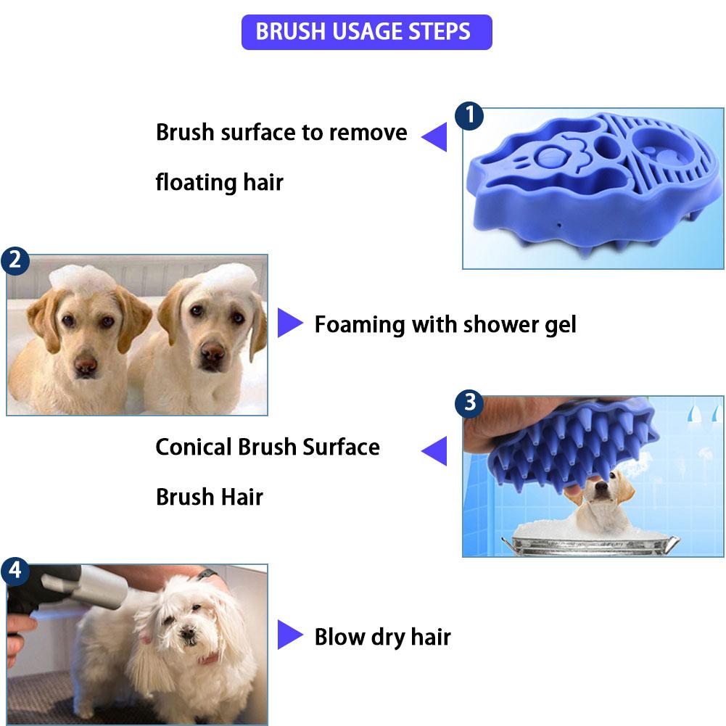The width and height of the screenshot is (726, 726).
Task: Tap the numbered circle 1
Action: [469, 115]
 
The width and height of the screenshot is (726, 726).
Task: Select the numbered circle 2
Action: [16, 260]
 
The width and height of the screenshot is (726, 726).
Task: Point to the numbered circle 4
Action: [15, 571]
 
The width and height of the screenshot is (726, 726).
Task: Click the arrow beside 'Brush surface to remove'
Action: [435, 136]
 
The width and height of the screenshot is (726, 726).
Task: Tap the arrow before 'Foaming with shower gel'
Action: [289, 323]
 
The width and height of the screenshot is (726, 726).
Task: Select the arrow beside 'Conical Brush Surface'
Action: [435, 450]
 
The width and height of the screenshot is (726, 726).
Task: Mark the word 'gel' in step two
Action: [558, 325]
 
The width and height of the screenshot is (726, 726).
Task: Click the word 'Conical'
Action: [194, 447]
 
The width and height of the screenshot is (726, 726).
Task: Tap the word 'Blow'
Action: [339, 637]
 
